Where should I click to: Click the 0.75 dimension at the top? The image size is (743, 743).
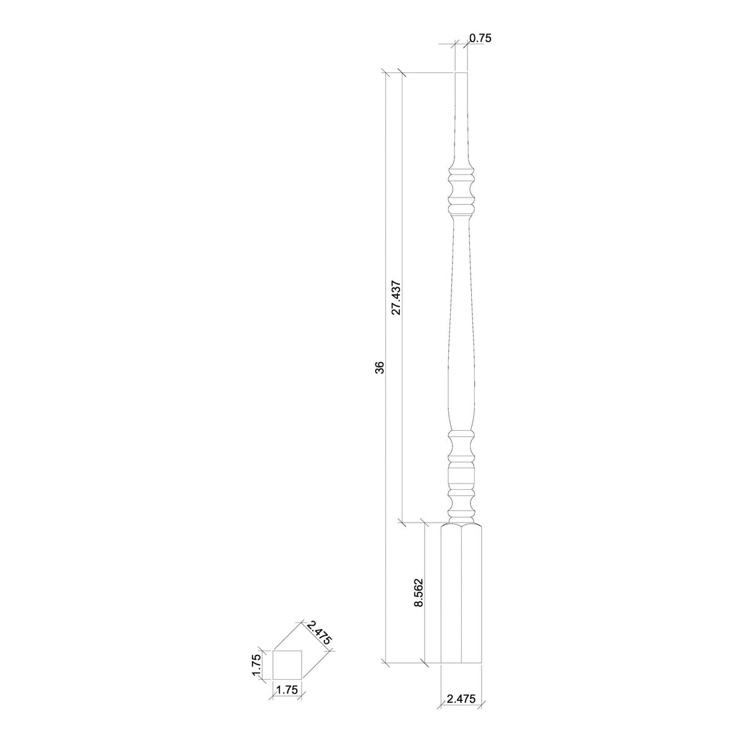(x=480, y=38)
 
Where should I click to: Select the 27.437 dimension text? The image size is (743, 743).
(x=397, y=298)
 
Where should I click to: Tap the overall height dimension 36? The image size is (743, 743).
(x=380, y=368)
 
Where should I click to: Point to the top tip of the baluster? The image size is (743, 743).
(x=461, y=75)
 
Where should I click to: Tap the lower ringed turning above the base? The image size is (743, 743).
(x=461, y=471)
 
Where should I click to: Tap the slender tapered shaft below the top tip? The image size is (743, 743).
(x=461, y=124)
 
